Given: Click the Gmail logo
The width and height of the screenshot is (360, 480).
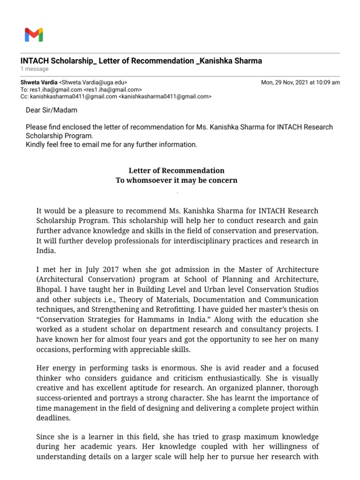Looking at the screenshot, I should coord(34,35).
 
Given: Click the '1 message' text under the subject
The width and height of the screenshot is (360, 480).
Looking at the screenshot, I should coord(34,69).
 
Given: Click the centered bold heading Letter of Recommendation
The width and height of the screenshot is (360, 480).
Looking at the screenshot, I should coord(176,171).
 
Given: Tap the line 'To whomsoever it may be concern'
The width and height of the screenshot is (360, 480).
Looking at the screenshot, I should coord(176,180).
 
